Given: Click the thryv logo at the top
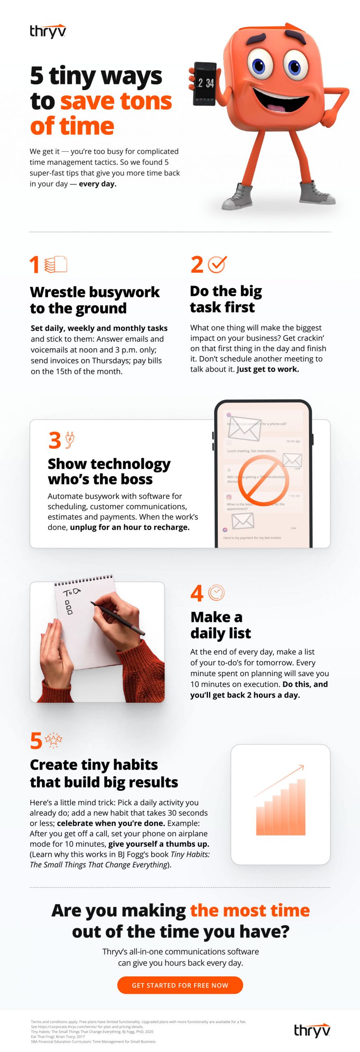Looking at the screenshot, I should tap(48, 31).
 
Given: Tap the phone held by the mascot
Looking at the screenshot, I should tap(205, 84).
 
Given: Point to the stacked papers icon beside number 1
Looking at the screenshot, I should tap(55, 264).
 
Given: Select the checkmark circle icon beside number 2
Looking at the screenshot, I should tap(217, 264).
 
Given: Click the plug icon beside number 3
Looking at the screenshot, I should tap(70, 440).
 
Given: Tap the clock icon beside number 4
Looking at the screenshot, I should tap(216, 593).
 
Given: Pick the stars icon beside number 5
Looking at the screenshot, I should tap(53, 740).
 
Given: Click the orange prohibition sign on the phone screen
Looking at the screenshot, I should tap(263, 481).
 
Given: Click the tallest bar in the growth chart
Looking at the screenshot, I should tap(301, 807).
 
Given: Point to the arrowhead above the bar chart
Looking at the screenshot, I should tap(302, 766).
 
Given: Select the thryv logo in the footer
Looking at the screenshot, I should tap(312, 1030).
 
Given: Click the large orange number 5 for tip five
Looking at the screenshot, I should tap(36, 741).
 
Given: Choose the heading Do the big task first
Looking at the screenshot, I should tap(226, 299).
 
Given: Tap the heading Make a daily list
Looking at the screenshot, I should tap(220, 625).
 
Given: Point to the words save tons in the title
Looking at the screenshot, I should tap(116, 101).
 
